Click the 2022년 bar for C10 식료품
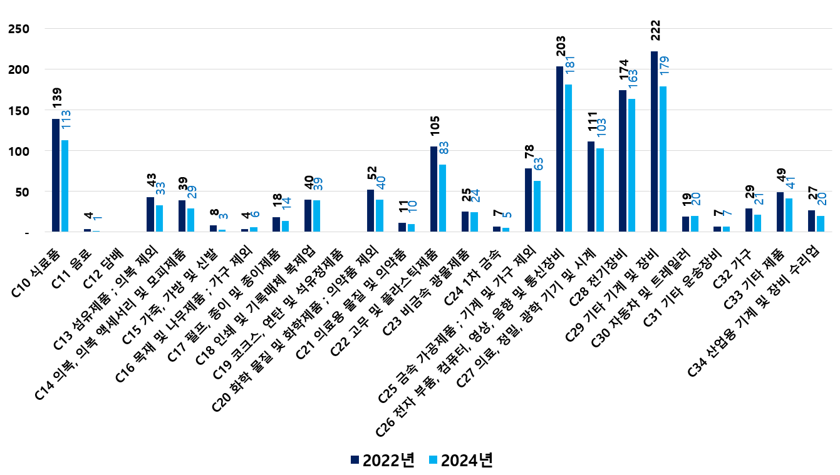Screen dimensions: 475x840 tap(56, 175)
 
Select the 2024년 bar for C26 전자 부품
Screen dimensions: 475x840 tap(568, 158)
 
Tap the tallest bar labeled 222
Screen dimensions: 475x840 tap(654, 141)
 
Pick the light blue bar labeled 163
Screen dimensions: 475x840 tap(631, 166)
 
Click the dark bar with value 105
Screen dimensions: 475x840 tap(433, 189)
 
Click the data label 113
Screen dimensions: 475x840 tap(66, 120)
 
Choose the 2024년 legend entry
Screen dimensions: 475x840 tap(460, 460)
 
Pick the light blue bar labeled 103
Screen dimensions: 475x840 tap(599, 190)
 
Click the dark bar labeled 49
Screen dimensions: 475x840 tap(780, 212)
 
